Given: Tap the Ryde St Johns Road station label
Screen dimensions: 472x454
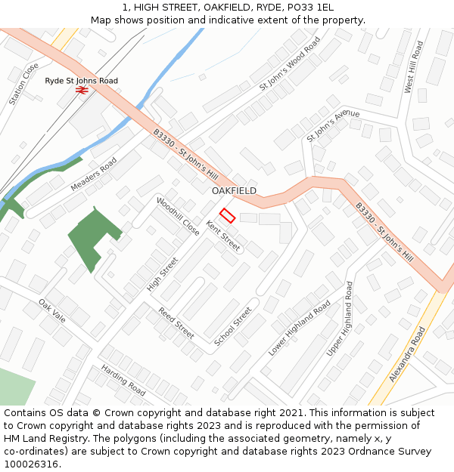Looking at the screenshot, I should pos(82,81).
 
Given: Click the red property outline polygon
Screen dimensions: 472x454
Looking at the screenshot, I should pos(227,215).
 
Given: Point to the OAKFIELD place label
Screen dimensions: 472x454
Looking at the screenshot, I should pos(234,191).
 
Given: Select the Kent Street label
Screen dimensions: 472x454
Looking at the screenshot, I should pos(223,236).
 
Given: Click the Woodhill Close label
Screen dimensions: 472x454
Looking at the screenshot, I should pos(179,216).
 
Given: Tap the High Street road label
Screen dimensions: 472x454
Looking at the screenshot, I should pos(163,274).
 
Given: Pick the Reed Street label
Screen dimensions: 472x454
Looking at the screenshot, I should pos(176,323).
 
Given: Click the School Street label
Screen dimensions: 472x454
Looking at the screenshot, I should pos(233,326).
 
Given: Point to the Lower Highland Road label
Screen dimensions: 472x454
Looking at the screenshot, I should pos(299,329).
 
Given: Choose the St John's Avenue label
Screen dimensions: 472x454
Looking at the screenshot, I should pos(333,125).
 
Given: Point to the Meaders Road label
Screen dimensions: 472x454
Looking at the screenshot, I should pos(94,174).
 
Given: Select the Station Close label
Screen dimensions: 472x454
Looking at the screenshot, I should pos(23,84).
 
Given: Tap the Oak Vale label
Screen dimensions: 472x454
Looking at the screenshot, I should pos(52,310).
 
